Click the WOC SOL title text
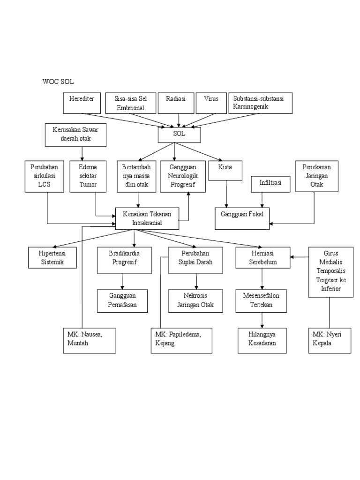click(x=58, y=82)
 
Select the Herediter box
click(x=82, y=103)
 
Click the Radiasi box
click(x=176, y=103)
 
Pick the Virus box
click(x=210, y=103)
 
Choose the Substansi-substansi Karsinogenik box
click(x=261, y=103)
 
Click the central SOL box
click(x=179, y=135)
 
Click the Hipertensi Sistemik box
click(x=52, y=257)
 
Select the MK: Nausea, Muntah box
click(x=89, y=340)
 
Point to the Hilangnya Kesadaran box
click(x=262, y=340)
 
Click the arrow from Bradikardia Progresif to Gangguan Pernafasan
click(x=122, y=281)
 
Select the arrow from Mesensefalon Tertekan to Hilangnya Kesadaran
click(x=262, y=320)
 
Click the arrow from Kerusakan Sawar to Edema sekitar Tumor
click(x=82, y=153)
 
